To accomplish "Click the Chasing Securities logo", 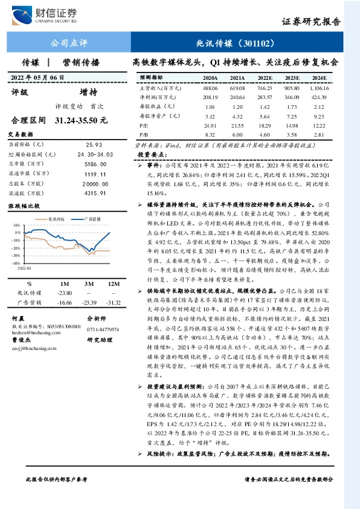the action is tap(52, 13).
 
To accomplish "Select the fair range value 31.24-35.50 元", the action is tap(81, 121).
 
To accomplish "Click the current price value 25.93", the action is tap(94, 145).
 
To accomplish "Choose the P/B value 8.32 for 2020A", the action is tap(210, 135).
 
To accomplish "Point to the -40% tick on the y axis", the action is tap(16, 264).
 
